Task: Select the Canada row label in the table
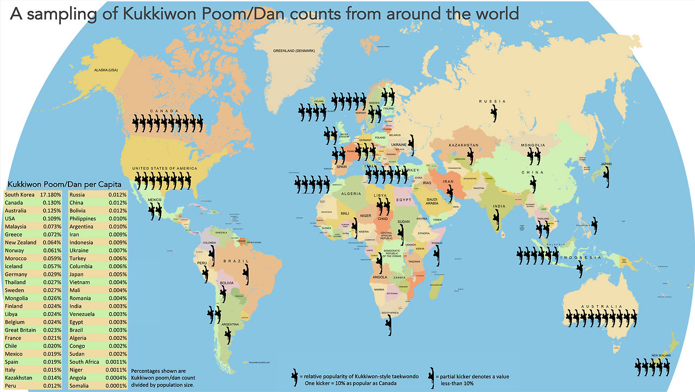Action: pos(15,203)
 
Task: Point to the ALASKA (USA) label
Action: pos(106,70)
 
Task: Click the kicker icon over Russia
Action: pos(494,113)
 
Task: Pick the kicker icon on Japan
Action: pos(605,178)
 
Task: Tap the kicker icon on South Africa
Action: pos(388,326)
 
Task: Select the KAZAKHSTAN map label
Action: pos(463,146)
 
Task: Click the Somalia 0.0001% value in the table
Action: pos(116,385)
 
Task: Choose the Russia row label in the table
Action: pos(77,194)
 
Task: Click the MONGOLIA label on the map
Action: pos(532,146)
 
